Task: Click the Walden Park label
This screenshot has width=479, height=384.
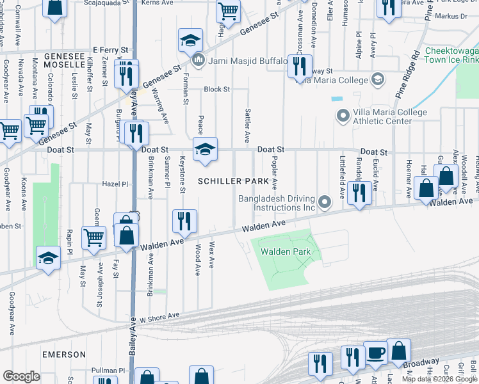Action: click(286, 252)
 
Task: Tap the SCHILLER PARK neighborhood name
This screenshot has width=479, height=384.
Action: click(233, 181)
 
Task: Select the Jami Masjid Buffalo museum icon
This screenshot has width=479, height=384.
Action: click(199, 61)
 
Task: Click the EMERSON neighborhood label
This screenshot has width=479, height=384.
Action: click(64, 354)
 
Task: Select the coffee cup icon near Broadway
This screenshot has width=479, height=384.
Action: click(377, 353)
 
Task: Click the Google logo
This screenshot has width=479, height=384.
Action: click(21, 376)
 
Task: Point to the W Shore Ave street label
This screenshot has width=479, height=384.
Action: click(161, 317)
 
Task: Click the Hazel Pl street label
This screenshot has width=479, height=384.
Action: click(115, 184)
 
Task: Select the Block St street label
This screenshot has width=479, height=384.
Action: click(216, 89)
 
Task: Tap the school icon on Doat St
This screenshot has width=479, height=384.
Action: click(206, 149)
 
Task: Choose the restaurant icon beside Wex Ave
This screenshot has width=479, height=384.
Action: click(184, 221)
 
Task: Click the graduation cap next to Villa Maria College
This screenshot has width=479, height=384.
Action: click(378, 79)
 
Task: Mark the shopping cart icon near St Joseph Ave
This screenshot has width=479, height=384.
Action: click(94, 237)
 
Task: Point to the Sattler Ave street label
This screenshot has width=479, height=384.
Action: click(247, 125)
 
